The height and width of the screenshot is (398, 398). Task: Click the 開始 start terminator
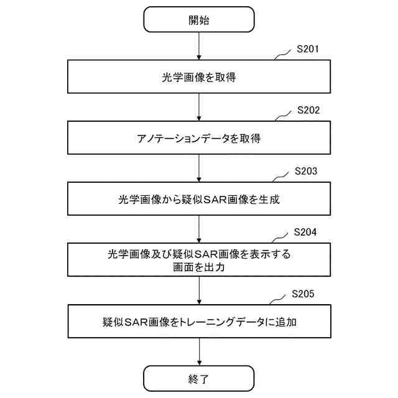[x=198, y=19]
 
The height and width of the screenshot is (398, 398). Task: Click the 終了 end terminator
[x=198, y=378]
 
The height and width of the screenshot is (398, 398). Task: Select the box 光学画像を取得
[x=198, y=78]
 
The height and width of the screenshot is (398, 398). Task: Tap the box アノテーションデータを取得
[x=198, y=138]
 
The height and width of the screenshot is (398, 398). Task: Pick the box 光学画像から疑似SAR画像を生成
[x=198, y=199]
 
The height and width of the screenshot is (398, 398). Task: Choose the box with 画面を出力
[x=198, y=260]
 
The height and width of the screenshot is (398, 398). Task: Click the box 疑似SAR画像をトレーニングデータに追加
[x=198, y=321]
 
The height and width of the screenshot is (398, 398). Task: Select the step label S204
[x=305, y=232]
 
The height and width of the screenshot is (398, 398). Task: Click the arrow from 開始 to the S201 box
[x=198, y=46]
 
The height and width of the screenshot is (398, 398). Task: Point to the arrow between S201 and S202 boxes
[x=198, y=107]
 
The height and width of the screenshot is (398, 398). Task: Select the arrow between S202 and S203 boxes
[x=198, y=168]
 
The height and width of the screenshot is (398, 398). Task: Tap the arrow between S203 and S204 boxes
[x=198, y=229]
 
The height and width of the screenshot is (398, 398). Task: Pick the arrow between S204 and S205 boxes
[x=198, y=290]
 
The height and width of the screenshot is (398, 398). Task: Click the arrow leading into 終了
[x=198, y=351]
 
